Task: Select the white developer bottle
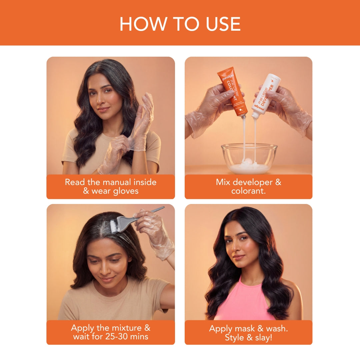click(x=267, y=95)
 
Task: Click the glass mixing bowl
click(x=249, y=158)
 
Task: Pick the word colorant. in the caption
click(x=248, y=191)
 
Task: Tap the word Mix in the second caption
click(x=223, y=182)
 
